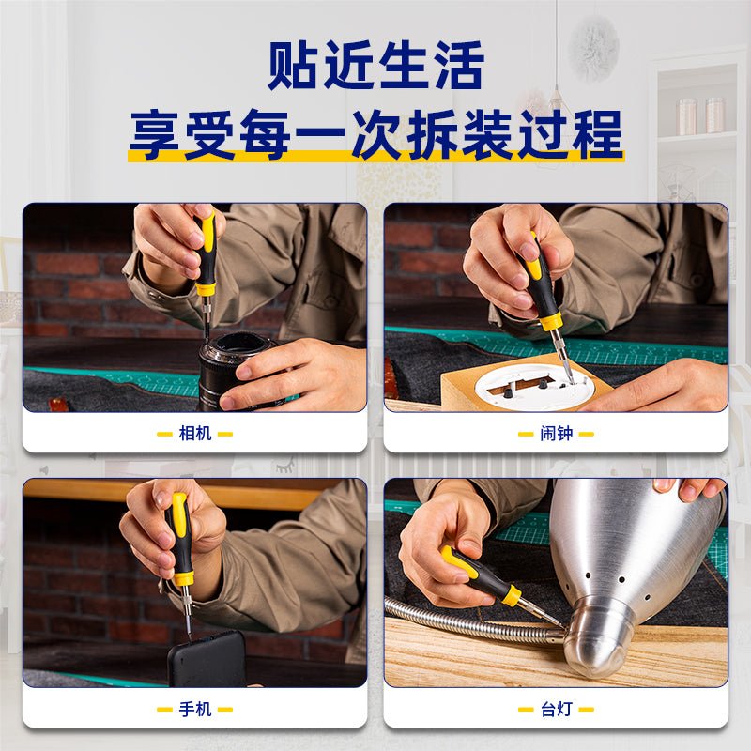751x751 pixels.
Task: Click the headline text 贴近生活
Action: click(x=375, y=66)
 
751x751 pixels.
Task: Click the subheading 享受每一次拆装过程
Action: click(x=376, y=134)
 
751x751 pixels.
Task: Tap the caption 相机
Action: click(x=195, y=434)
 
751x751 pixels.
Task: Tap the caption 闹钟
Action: click(x=556, y=434)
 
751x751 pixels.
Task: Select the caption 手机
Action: click(x=195, y=709)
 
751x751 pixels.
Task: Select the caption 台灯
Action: click(x=556, y=709)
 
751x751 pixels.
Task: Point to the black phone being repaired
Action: click(x=207, y=660)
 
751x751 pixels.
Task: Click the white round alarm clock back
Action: click(x=531, y=386)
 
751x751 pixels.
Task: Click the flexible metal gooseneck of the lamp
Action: click(x=474, y=622)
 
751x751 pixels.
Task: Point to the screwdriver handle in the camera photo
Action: click(x=207, y=254)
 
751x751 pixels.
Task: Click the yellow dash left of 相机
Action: click(x=164, y=434)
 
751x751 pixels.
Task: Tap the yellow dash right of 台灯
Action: click(x=586, y=710)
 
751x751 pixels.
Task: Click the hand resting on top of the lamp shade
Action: click(x=690, y=489)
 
